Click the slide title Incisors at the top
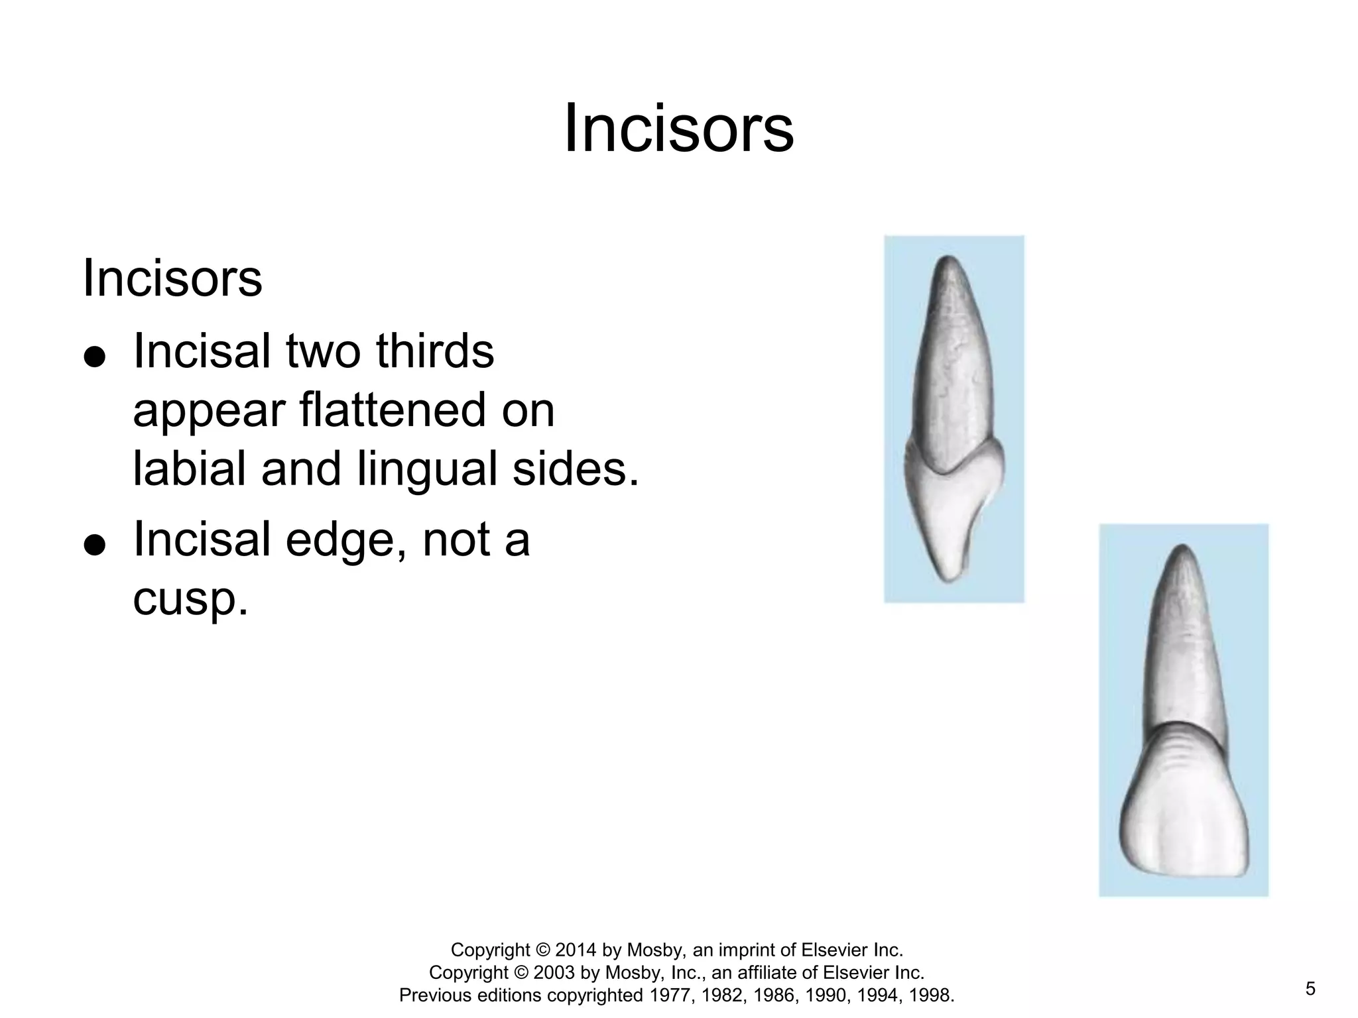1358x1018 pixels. [678, 129]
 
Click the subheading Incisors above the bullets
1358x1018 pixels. [172, 278]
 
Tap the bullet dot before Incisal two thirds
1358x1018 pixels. [95, 357]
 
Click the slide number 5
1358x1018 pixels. [1310, 990]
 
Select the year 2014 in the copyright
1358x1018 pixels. [576, 950]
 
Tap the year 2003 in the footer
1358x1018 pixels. [554, 973]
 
